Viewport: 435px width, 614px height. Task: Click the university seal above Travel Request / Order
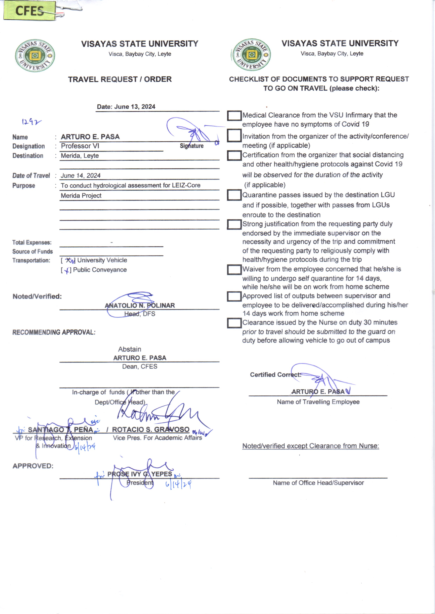tap(35, 56)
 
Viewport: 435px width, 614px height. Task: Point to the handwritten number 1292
tap(31, 122)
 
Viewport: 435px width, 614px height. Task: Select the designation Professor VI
tap(80, 146)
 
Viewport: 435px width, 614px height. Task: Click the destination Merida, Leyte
tap(80, 156)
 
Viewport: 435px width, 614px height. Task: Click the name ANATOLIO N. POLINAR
tap(140, 306)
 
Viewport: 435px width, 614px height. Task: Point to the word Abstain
tap(130, 349)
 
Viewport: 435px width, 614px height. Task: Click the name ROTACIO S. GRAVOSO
tap(151, 430)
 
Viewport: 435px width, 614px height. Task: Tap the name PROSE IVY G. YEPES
tap(140, 474)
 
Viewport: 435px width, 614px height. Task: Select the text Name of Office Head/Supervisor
tap(318, 483)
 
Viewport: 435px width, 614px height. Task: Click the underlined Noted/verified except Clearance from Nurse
tap(311, 446)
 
